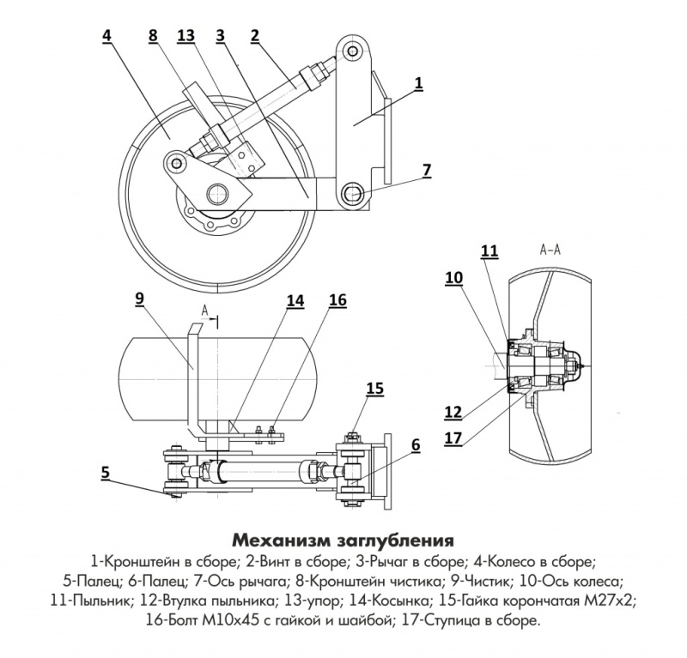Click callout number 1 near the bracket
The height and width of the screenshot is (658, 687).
pyautogui.click(x=418, y=82)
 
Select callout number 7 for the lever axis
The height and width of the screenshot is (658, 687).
pyautogui.click(x=427, y=170)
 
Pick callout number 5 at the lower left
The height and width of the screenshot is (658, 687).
pyautogui.click(x=105, y=470)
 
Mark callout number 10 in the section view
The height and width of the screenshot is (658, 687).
pyautogui.click(x=453, y=277)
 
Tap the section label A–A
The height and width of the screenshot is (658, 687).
pyautogui.click(x=550, y=251)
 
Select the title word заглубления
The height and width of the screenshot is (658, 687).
pyautogui.click(x=396, y=541)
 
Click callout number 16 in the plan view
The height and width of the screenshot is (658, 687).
pyautogui.click(x=337, y=299)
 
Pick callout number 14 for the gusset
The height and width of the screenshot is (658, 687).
pyautogui.click(x=295, y=299)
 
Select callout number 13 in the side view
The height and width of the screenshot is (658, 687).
pyautogui.click(x=185, y=35)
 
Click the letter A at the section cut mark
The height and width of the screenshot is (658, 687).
pyautogui.click(x=204, y=309)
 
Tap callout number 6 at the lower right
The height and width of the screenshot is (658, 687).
pyautogui.click(x=416, y=444)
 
